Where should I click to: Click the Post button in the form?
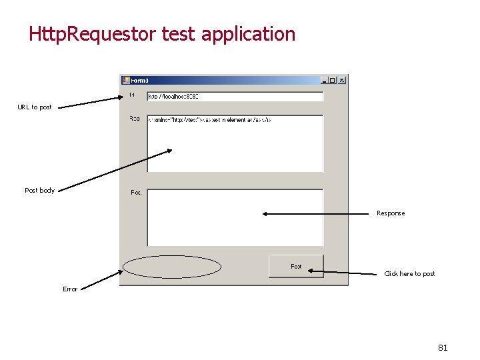296,266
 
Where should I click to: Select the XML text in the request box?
208,120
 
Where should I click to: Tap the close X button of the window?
341,80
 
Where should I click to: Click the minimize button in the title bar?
324,80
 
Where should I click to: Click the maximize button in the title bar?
333,80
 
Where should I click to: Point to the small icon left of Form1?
125,80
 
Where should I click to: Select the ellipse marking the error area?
172,267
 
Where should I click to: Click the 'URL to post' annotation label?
35,107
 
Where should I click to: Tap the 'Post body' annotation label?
40,191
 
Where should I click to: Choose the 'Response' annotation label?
391,213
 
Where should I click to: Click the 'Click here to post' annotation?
409,274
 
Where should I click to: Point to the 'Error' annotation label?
70,289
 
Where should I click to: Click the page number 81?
443,347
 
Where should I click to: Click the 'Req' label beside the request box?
135,119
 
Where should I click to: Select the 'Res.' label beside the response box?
136,193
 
